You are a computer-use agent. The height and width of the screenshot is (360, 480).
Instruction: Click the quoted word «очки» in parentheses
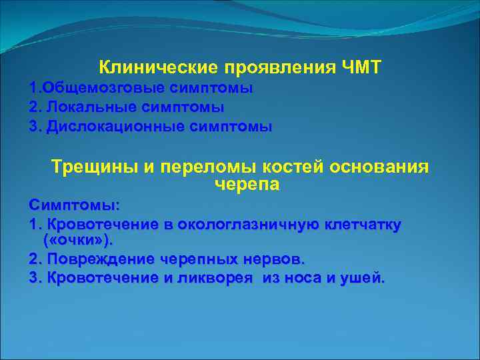pos(69,239)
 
